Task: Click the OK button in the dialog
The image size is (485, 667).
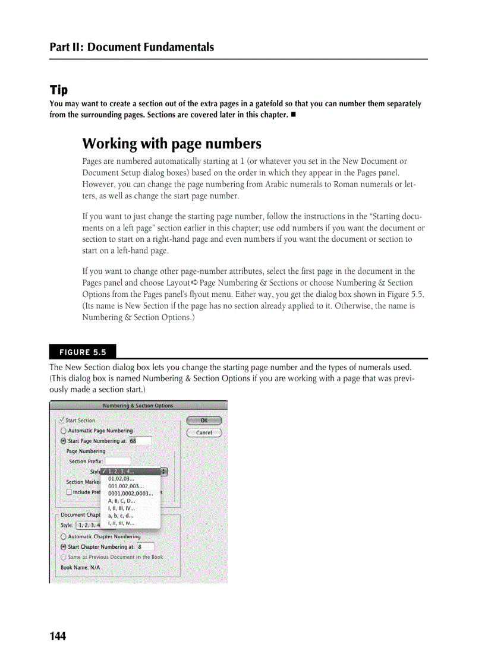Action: (204, 421)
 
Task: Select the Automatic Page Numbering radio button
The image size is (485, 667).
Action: (64, 431)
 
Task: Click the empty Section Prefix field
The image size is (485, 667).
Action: (118, 461)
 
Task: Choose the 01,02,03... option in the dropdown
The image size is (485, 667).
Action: (121, 478)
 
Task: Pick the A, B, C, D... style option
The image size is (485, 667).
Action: (121, 501)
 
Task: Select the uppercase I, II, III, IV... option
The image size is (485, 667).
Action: (121, 508)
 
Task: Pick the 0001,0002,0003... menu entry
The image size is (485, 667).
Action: (130, 493)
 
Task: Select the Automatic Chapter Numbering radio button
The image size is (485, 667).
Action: (64, 536)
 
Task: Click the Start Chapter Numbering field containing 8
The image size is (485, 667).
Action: (145, 546)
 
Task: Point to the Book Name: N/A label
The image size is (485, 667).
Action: (80, 567)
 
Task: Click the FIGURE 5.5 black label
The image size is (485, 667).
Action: (83, 352)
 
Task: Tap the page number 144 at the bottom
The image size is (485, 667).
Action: (58, 637)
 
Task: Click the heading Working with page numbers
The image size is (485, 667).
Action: (172, 144)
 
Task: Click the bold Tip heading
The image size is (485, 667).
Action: (58, 90)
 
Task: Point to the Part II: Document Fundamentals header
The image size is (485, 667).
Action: (131, 47)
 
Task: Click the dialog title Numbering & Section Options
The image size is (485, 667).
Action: (138, 406)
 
